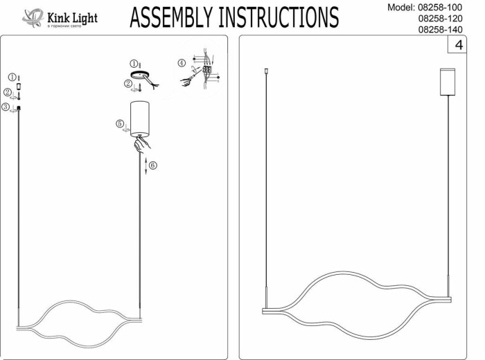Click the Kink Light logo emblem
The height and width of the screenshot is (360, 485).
pos(33,17)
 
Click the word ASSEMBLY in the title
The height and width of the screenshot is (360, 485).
pos(173,17)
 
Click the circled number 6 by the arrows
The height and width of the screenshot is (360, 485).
pos(153,165)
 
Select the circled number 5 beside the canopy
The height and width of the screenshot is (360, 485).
pos(120,124)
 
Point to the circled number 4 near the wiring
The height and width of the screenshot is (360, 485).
pos(182,63)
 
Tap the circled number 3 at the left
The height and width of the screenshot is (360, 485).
pos(6,107)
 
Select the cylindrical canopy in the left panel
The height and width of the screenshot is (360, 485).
pos(141,116)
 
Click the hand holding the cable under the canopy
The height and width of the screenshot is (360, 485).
pos(142,145)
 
